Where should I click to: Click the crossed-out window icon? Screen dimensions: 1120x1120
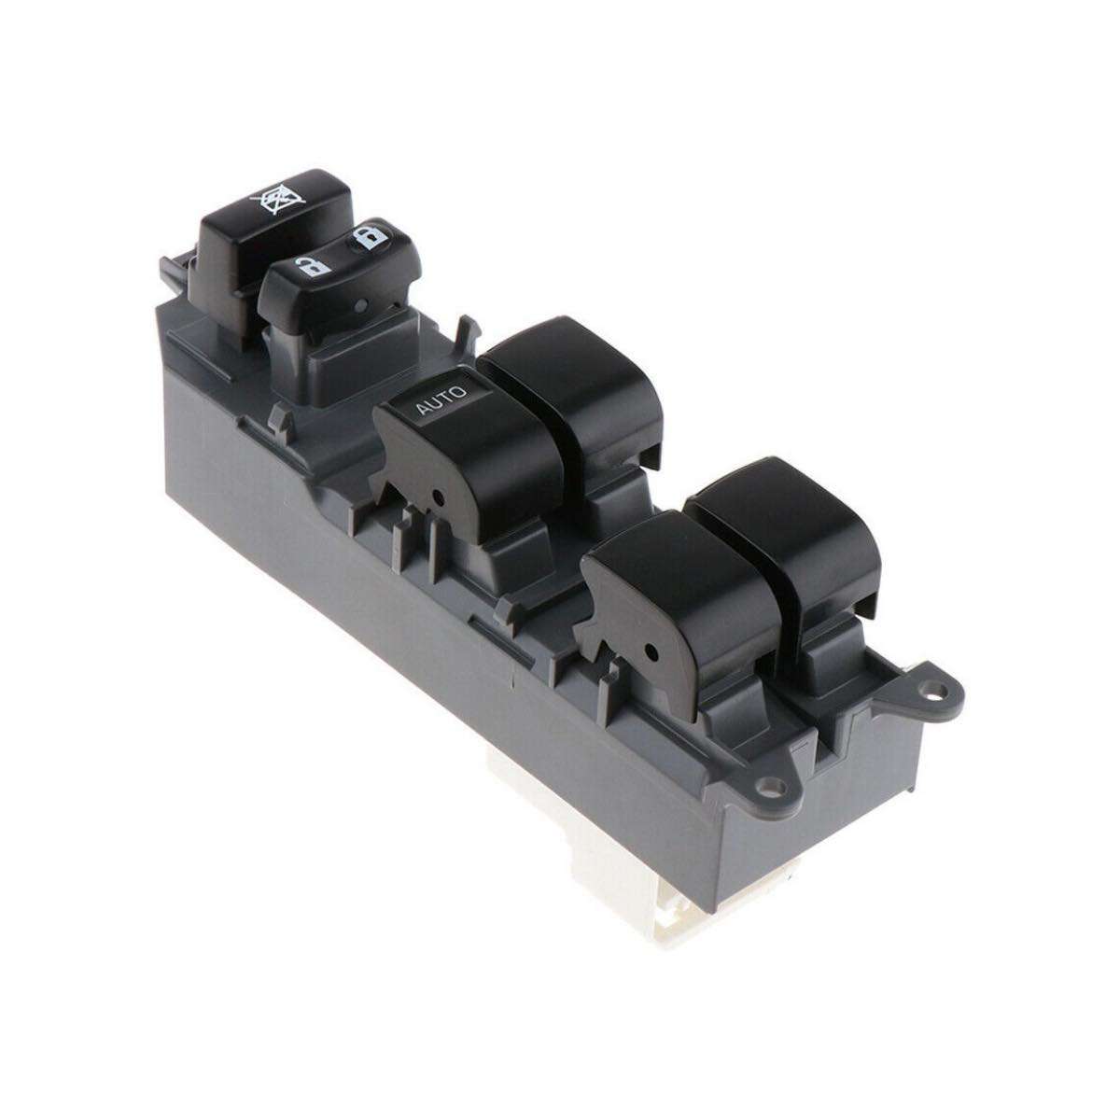click(x=277, y=200)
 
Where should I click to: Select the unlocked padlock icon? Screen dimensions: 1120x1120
click(x=312, y=266)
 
